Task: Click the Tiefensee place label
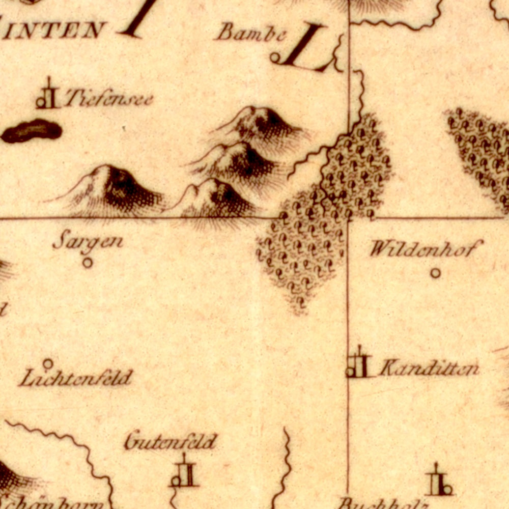109,98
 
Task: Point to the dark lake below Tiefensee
32,131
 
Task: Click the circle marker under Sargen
88,263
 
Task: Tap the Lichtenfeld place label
76,378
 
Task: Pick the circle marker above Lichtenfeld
47,364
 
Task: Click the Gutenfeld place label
171,441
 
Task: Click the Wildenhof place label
425,249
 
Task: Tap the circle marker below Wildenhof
435,273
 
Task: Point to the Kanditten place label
429,368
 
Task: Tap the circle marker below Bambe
275,58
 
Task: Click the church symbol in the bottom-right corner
439,482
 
